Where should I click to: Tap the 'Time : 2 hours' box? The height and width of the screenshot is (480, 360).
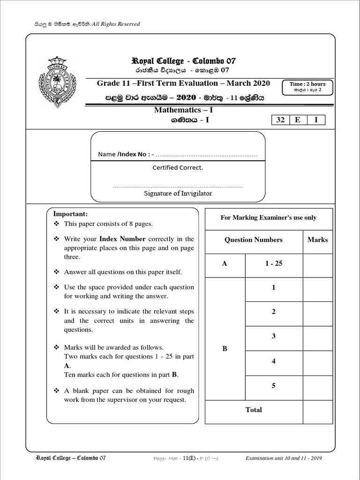(307, 87)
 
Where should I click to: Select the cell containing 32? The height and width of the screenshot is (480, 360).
(280, 120)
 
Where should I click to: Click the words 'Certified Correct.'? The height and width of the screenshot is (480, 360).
(178, 167)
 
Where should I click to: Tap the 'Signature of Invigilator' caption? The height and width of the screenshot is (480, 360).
(178, 193)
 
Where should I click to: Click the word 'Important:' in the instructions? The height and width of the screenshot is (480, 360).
(70, 214)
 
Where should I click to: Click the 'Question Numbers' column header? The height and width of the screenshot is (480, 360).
(254, 240)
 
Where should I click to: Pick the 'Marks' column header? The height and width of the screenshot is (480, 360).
(317, 240)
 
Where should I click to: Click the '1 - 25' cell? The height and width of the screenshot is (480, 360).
(274, 263)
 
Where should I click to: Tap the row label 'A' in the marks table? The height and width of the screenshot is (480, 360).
(225, 264)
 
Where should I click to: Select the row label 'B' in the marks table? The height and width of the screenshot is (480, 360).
(225, 349)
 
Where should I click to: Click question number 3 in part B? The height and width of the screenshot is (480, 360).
(274, 336)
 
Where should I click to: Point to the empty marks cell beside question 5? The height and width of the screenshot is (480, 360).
(317, 386)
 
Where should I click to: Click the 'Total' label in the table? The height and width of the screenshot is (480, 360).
(254, 410)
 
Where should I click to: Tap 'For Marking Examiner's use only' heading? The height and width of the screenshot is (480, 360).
(268, 217)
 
